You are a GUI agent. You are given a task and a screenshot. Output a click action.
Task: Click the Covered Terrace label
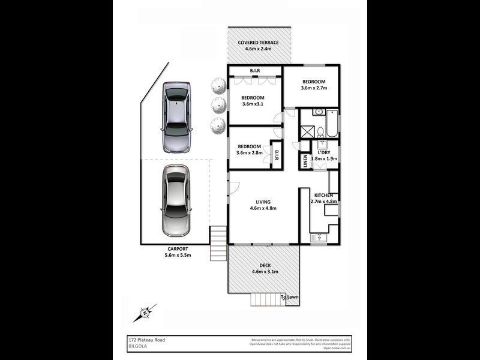[258, 46]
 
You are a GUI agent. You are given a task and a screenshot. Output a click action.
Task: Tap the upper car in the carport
[176, 116]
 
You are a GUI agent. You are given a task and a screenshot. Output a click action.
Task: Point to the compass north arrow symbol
[145, 313]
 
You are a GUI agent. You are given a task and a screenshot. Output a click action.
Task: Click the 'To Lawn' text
[290, 297]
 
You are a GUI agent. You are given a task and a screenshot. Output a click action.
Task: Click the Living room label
[263, 205]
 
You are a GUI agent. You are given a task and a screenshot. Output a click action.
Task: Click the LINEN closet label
[305, 161]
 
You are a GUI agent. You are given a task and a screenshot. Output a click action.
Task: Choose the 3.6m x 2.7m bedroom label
[313, 85]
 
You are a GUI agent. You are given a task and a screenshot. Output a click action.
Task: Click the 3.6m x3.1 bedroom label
[253, 101]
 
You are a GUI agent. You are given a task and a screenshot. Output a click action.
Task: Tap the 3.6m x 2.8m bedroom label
[249, 150]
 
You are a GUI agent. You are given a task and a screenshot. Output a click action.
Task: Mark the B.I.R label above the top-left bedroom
[254, 71]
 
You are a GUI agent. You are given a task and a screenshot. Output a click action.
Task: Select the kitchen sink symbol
[318, 238]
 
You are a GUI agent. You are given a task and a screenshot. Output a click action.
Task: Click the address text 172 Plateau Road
[142, 340]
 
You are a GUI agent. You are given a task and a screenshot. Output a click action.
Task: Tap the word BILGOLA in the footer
[130, 346]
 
